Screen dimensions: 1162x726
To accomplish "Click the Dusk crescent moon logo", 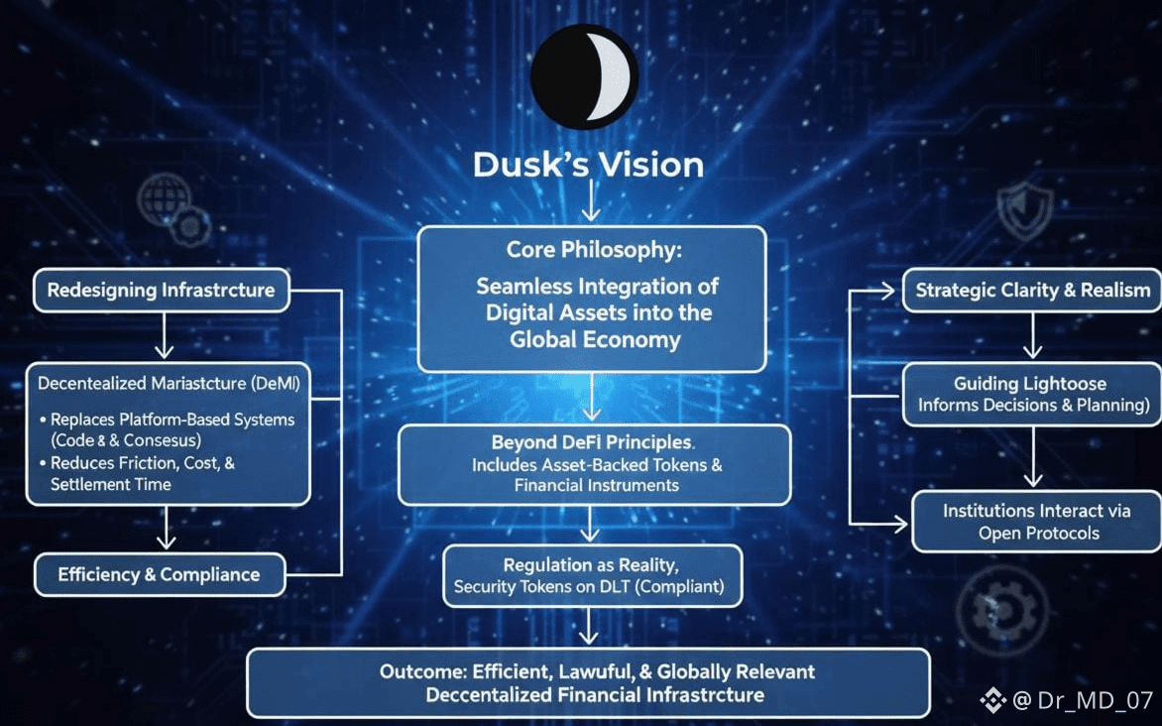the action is point(584,74).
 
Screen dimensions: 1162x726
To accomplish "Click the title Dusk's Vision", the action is point(589,165).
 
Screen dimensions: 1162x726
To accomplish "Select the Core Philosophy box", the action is point(591,299).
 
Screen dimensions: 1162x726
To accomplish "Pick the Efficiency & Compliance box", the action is point(159,575).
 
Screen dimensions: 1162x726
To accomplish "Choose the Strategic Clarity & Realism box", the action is point(1032,291).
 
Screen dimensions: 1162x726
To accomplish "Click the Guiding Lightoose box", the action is point(1032,394).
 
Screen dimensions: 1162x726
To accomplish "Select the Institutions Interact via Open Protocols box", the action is point(1036,522).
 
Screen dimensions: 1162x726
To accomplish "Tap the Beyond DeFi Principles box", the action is point(594,463).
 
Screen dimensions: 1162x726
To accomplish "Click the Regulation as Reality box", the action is point(592,576).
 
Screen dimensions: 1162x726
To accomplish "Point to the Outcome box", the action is point(588,682).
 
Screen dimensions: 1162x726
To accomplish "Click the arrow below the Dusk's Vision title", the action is point(590,205).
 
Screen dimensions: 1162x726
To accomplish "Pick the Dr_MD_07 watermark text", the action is point(1083,701).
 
